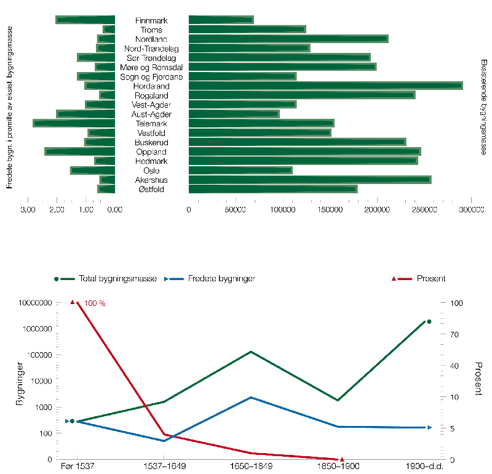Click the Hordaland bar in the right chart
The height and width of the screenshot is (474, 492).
point(325,86)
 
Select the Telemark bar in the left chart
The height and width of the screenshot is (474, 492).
point(74,124)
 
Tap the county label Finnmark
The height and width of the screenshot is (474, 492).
point(151,20)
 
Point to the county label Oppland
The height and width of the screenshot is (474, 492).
point(151,152)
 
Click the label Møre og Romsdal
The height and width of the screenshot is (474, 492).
point(151,67)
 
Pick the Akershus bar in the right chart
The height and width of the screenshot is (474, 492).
point(309,180)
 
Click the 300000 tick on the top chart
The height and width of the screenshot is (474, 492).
point(471,210)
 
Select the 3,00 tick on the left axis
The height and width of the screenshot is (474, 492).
point(27,210)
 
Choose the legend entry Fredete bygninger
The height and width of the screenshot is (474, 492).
point(212,279)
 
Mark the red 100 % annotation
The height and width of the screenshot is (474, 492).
point(95,303)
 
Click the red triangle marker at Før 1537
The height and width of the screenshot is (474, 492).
point(73,302)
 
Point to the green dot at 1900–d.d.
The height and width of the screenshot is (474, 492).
point(429,321)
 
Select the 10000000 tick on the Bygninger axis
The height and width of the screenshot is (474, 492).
point(36,303)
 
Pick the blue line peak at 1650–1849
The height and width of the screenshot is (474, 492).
point(250,398)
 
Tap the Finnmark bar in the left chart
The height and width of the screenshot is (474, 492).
point(85,20)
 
